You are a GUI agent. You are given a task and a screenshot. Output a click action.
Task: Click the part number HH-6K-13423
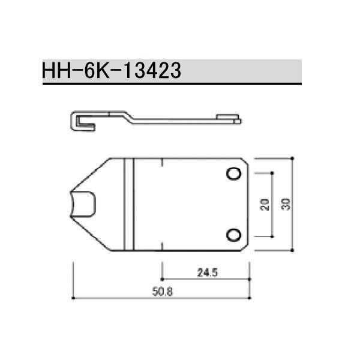coord(112,71)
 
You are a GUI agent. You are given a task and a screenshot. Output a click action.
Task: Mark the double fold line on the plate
coord(128,204)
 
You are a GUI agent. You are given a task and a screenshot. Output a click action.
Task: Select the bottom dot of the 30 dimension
coord(292,250)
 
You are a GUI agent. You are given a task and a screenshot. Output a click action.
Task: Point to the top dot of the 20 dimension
coord(272,173)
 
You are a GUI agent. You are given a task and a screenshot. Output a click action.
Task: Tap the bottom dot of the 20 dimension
coord(272,235)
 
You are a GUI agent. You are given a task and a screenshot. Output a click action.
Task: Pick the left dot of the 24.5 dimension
coord(162,278)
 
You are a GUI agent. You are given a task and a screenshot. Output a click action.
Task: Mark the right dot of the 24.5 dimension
coord(250,278)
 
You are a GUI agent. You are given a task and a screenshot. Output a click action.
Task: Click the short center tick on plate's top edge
coord(162,161)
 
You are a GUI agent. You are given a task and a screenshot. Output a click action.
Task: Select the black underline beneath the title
coord(172,84)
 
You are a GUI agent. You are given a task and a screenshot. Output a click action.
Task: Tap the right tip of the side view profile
coord(241,121)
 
